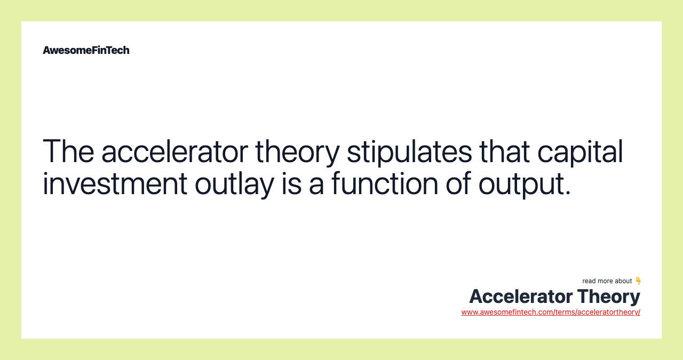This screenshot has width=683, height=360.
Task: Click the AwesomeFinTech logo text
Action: pyautogui.click(x=86, y=50)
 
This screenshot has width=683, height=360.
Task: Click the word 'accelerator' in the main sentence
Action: pyautogui.click(x=174, y=151)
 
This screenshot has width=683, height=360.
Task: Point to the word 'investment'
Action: pyautogui.click(x=115, y=183)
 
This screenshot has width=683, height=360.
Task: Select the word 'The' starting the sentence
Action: pyautogui.click(x=68, y=151)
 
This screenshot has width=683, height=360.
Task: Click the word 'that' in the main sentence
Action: pyautogui.click(x=504, y=151)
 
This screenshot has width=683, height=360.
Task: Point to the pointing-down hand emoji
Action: pyautogui.click(x=638, y=281)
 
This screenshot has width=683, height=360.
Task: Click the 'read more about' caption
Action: pyautogui.click(x=607, y=281)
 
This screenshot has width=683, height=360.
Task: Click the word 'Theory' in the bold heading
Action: pyautogui.click(x=609, y=297)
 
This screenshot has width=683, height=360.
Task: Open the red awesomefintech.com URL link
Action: pyautogui.click(x=551, y=312)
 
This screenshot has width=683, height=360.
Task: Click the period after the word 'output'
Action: pyautogui.click(x=567, y=193)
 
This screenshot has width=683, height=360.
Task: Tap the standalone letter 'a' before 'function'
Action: pyautogui.click(x=316, y=186)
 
